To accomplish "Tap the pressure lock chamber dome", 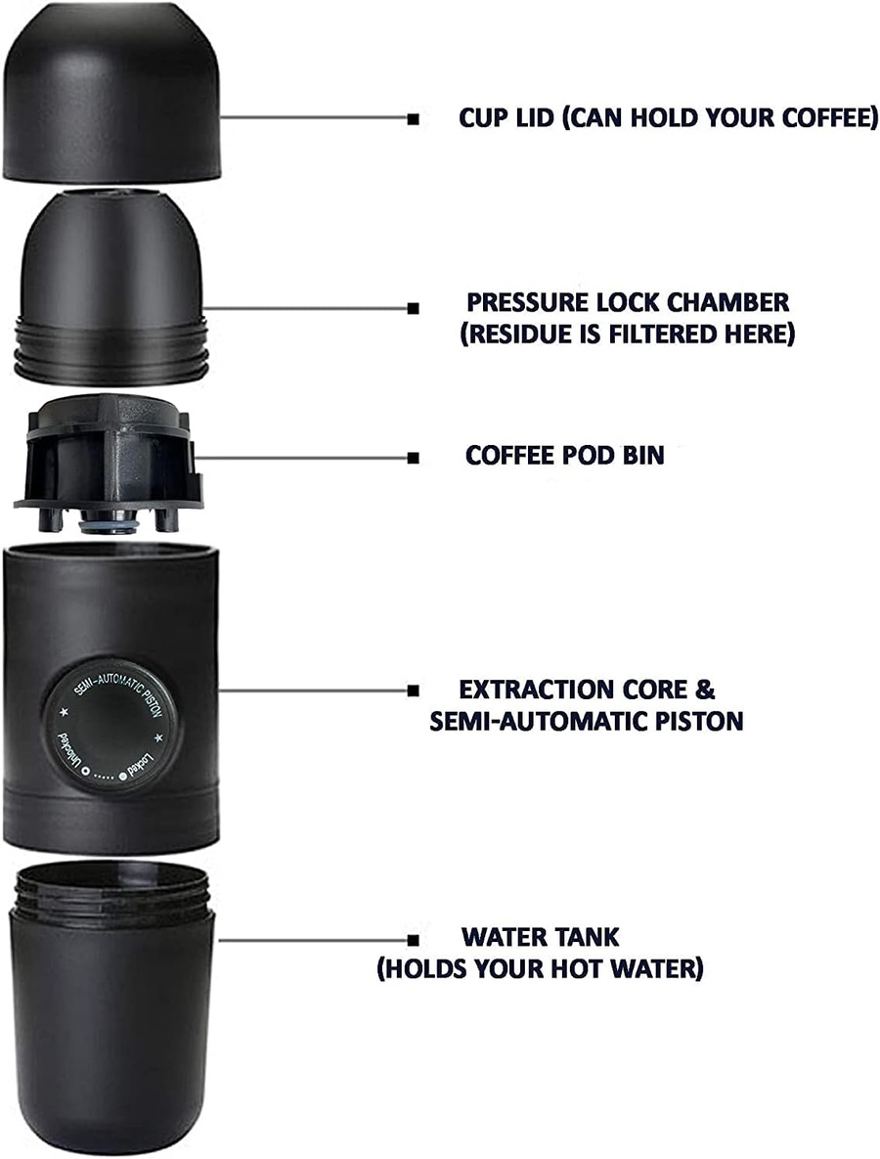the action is coord(110,289).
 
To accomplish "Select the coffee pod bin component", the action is coord(109,462).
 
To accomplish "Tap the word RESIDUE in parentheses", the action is coord(522,334).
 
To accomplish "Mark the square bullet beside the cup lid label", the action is coord(414,118).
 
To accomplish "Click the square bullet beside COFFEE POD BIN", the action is coord(414,459).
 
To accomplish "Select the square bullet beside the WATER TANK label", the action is coord(414,940).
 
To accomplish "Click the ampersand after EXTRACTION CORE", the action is coord(705,690).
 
